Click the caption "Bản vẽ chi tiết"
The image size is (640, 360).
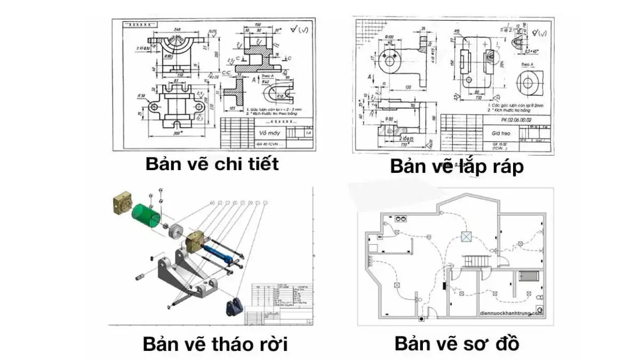212,164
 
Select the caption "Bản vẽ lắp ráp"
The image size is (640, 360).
457,166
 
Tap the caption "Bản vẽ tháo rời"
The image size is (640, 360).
215,344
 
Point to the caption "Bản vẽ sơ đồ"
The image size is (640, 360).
457,343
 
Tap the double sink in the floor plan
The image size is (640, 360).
401,218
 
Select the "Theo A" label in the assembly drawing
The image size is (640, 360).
529,65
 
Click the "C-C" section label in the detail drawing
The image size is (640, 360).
226,75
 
